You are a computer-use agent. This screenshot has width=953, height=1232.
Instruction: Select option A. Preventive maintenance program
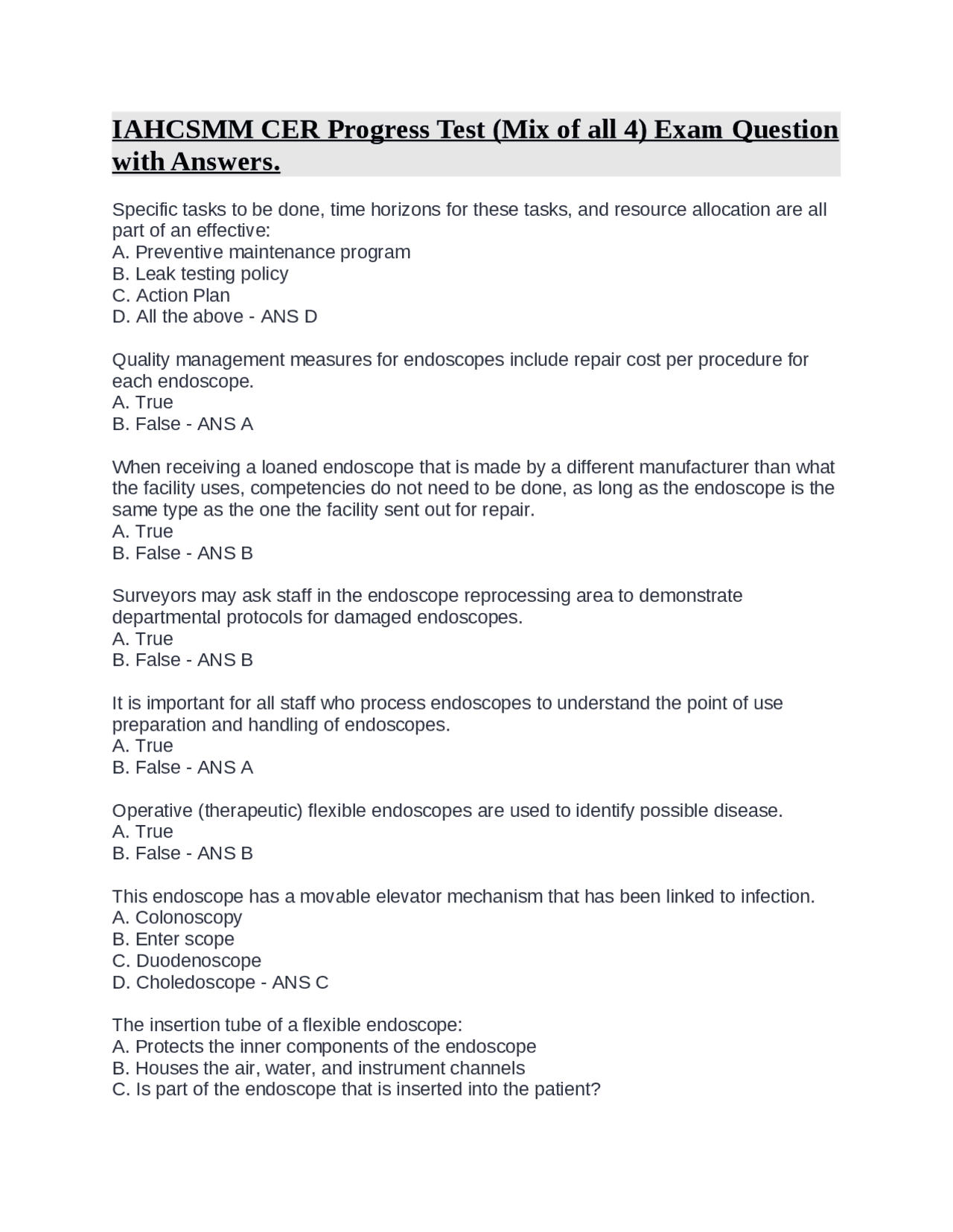point(261,252)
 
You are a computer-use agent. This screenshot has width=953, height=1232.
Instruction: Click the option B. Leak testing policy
point(200,274)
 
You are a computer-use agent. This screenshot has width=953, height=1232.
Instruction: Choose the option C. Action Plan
point(170,295)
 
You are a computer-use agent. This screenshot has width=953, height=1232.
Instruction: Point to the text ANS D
point(289,317)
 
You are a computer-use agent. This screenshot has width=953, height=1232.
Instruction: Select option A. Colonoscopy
point(176,918)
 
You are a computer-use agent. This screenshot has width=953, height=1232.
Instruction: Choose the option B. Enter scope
point(173,940)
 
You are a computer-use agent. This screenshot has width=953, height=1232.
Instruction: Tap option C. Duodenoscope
point(186,961)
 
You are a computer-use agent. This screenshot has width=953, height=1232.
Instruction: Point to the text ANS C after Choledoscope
point(300,983)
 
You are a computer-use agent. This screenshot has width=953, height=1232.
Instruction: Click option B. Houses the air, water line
point(318,1068)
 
